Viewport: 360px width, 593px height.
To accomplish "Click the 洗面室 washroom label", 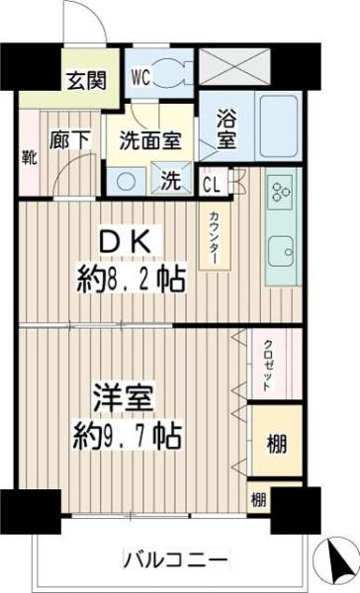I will tap(151, 140).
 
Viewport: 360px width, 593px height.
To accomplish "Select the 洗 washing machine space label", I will tap(171, 181).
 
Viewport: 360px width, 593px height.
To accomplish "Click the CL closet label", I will tap(212, 183).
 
